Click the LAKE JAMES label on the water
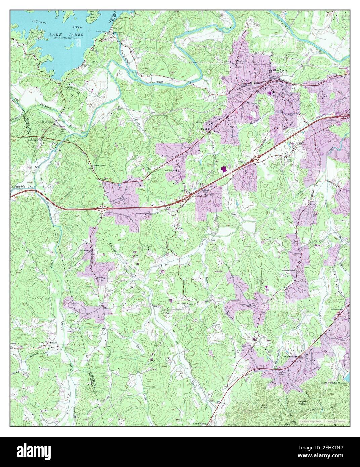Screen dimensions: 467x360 pos(63,35)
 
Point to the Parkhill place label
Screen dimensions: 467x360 pos(205,128)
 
